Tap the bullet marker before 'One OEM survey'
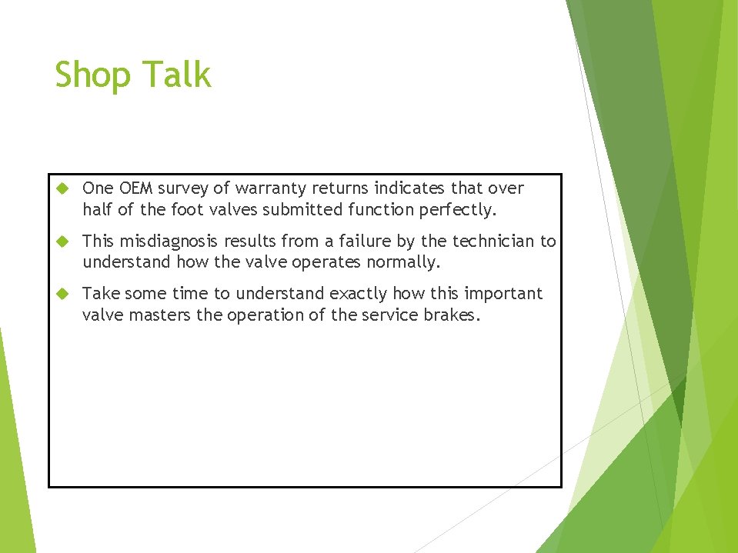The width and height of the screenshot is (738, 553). pos(64,188)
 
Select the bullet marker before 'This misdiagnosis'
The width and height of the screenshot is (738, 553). pos(64,242)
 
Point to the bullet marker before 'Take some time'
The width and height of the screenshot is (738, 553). pos(64,294)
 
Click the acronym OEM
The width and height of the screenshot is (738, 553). pos(135,188)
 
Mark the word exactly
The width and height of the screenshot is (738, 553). pos(359,294)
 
